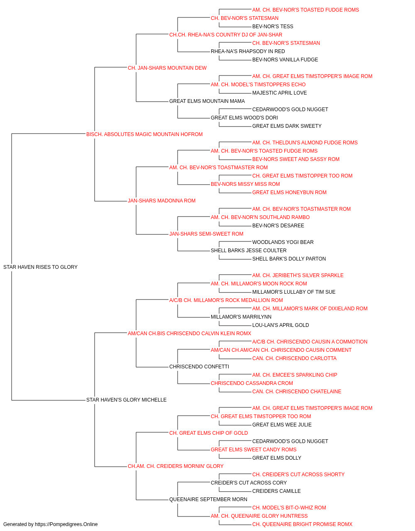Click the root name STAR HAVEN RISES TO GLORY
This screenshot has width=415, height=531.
tap(40, 267)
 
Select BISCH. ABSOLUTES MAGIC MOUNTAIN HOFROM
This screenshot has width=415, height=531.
tap(144, 134)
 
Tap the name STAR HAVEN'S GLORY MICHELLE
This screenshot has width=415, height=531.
tap(126, 400)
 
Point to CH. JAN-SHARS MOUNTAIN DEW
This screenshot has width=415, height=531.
tap(167, 68)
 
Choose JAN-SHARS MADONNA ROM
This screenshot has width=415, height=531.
tap(161, 201)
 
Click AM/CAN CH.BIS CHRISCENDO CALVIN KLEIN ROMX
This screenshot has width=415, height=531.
tap(189, 333)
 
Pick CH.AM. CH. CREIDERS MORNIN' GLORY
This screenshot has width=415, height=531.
tap(176, 466)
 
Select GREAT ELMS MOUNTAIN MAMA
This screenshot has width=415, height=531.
tap(207, 101)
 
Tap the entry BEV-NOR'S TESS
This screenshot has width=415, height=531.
tap(273, 27)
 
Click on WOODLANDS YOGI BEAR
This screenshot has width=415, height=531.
tap(283, 242)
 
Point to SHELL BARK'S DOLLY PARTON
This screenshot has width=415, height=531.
tap(289, 258)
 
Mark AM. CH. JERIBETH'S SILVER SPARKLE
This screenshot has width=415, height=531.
tap(298, 275)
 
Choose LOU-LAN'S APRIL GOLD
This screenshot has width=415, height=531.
tap(281, 325)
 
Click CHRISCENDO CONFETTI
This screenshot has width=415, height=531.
tap(199, 367)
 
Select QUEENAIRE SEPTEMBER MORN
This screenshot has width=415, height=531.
tap(208, 499)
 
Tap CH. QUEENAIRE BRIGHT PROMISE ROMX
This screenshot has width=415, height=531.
tap(303, 524)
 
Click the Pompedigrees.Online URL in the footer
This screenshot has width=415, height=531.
tap(66, 524)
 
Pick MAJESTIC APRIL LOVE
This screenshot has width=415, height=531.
tap(280, 93)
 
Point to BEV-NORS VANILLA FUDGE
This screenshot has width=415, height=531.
tap(285, 59)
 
